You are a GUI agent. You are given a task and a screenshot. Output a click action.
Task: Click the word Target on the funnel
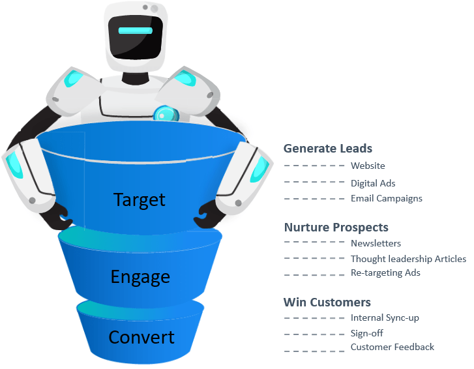140,200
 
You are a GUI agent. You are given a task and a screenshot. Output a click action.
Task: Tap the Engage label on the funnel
140,277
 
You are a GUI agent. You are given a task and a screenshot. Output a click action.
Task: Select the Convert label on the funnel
141,337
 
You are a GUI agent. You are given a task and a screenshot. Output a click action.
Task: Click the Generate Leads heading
328,149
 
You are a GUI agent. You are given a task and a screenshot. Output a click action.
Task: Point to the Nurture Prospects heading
336,228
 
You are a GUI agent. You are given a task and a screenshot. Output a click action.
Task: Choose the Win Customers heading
327,303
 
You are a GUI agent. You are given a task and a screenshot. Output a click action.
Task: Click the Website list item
368,166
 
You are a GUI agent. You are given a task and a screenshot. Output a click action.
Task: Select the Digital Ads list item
373,183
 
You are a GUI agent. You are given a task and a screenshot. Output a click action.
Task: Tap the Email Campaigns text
387,199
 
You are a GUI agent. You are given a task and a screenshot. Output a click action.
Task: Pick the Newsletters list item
376,243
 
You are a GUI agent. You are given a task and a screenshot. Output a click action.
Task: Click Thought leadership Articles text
408,259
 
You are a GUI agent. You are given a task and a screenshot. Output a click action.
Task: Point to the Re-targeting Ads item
385,273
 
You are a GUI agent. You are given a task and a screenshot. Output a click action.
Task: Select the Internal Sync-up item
385,318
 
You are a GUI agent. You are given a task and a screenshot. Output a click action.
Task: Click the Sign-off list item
366,333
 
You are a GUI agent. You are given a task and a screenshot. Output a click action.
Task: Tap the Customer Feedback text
392,347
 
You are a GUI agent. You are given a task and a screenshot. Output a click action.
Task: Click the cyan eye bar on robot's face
136,31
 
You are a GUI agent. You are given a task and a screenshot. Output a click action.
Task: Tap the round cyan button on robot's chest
166,114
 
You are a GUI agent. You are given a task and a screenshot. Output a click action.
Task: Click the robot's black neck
135,78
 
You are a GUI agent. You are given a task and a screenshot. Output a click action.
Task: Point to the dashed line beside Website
314,166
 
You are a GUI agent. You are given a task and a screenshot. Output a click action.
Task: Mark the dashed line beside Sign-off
314,334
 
